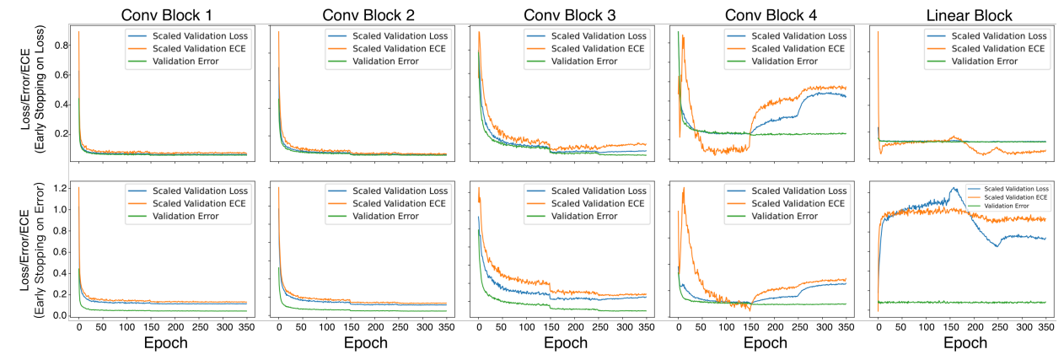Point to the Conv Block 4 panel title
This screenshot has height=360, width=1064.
pyautogui.click(x=760, y=14)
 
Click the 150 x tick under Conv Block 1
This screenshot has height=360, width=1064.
pyautogui.click(x=126, y=326)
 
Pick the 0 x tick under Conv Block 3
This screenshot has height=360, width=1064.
pyautogui.click(x=478, y=326)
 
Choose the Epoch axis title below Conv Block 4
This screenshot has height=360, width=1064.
pyautogui.click(x=760, y=343)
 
